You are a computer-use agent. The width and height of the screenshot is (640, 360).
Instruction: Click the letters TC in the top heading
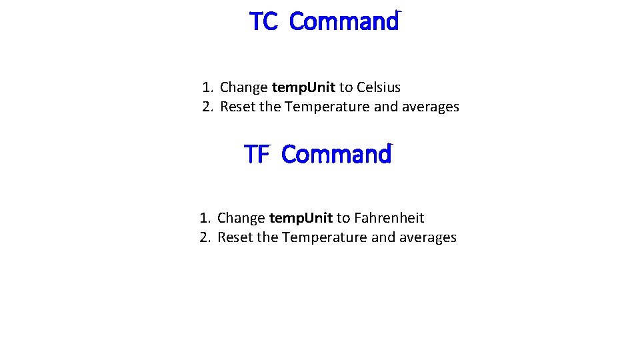click(x=263, y=22)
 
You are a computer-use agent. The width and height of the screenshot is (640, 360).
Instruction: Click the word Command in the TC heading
click(x=344, y=22)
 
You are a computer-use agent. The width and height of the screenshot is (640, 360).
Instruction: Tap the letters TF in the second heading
click(x=256, y=155)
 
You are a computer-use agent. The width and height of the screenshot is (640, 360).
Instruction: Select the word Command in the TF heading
click(x=336, y=155)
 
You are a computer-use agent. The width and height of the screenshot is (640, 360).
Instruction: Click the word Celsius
click(x=379, y=87)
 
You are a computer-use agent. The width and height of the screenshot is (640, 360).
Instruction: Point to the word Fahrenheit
click(x=389, y=218)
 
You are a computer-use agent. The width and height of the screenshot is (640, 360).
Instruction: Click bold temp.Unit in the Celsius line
click(x=303, y=87)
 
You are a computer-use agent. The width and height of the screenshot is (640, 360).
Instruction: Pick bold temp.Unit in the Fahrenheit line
click(x=301, y=218)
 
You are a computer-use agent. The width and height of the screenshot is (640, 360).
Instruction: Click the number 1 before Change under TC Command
click(x=207, y=87)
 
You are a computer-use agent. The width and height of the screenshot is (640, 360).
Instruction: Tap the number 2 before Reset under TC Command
click(x=207, y=107)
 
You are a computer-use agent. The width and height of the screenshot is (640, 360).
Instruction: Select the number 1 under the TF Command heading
click(x=204, y=218)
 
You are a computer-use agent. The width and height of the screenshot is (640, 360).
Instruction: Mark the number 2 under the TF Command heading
click(x=204, y=237)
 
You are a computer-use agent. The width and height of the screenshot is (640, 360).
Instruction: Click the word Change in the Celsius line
click(x=244, y=87)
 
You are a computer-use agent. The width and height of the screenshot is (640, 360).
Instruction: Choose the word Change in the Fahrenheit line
click(x=241, y=218)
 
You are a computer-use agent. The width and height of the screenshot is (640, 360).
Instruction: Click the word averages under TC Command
click(x=431, y=107)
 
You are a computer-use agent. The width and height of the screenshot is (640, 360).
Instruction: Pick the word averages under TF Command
click(x=428, y=237)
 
